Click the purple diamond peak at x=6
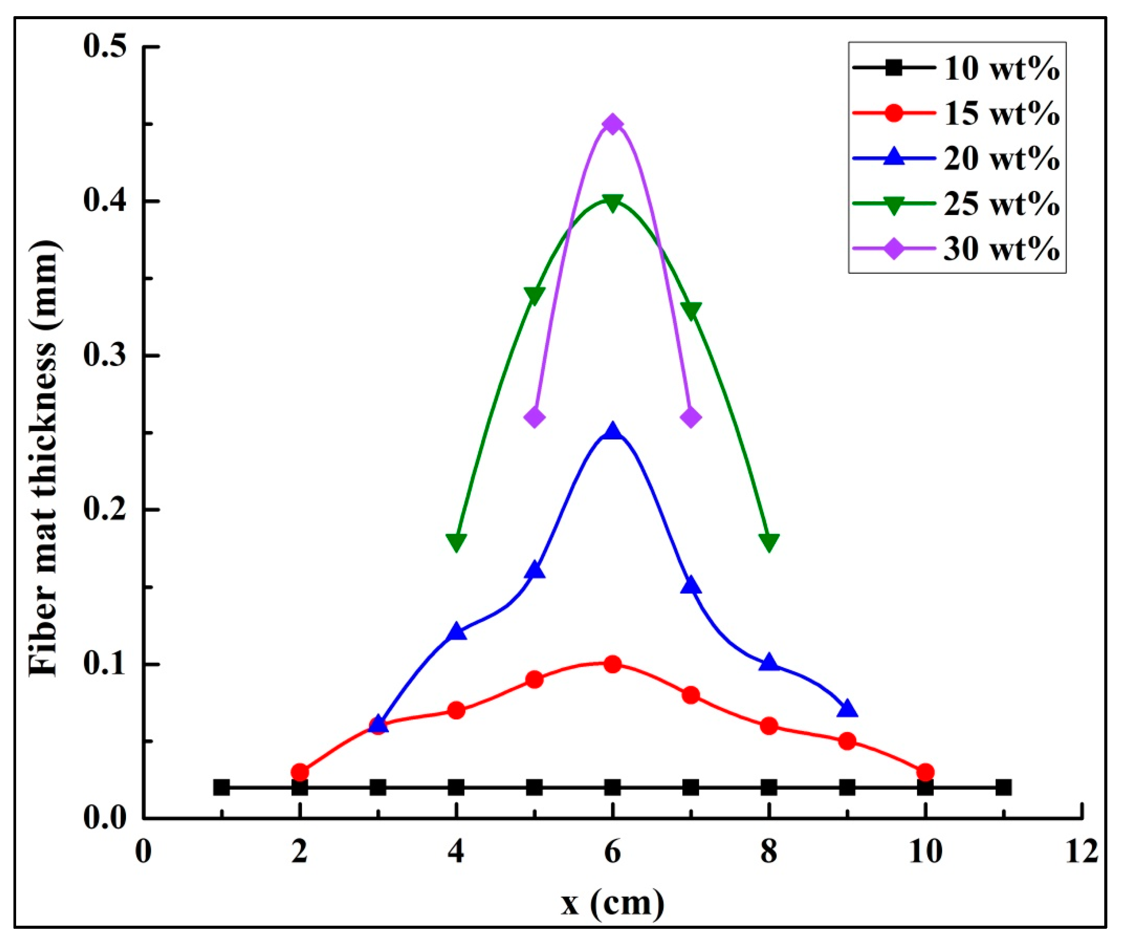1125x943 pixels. pyautogui.click(x=612, y=124)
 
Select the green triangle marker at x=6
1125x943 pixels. pyautogui.click(x=612, y=202)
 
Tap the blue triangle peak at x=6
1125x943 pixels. pyautogui.click(x=612, y=431)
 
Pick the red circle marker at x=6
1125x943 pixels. pyautogui.click(x=612, y=665)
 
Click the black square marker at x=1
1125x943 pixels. pyautogui.click(x=221, y=787)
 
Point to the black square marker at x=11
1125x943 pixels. pyautogui.click(x=1003, y=787)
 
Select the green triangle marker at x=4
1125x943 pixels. pyautogui.click(x=456, y=542)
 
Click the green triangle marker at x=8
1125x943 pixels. pyautogui.click(x=769, y=542)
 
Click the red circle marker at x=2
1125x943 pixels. pyautogui.click(x=299, y=772)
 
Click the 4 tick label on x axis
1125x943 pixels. pyautogui.click(x=456, y=852)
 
